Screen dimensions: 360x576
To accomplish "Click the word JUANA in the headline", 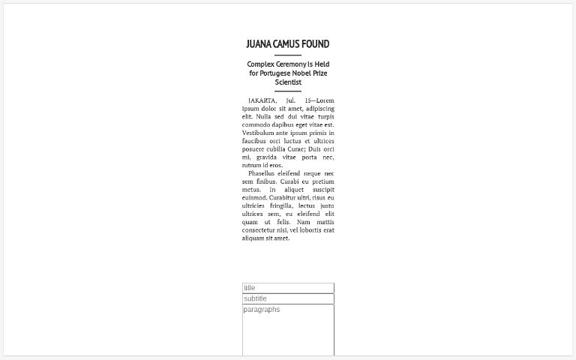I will (258, 44).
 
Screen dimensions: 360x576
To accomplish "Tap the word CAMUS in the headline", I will (286, 44).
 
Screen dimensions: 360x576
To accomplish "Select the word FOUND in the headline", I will (316, 44).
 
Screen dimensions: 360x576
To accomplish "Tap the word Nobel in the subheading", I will (301, 73).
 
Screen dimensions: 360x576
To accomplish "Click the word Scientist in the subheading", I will (288, 82).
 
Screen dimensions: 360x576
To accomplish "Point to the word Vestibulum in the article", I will (259, 133).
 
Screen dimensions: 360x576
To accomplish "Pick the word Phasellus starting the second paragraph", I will (265, 173).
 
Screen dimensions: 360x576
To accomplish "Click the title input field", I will (288, 288).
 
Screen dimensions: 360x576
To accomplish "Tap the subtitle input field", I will (288, 298).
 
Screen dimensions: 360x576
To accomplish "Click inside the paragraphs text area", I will (288, 330).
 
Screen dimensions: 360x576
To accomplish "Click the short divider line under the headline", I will (288, 55).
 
